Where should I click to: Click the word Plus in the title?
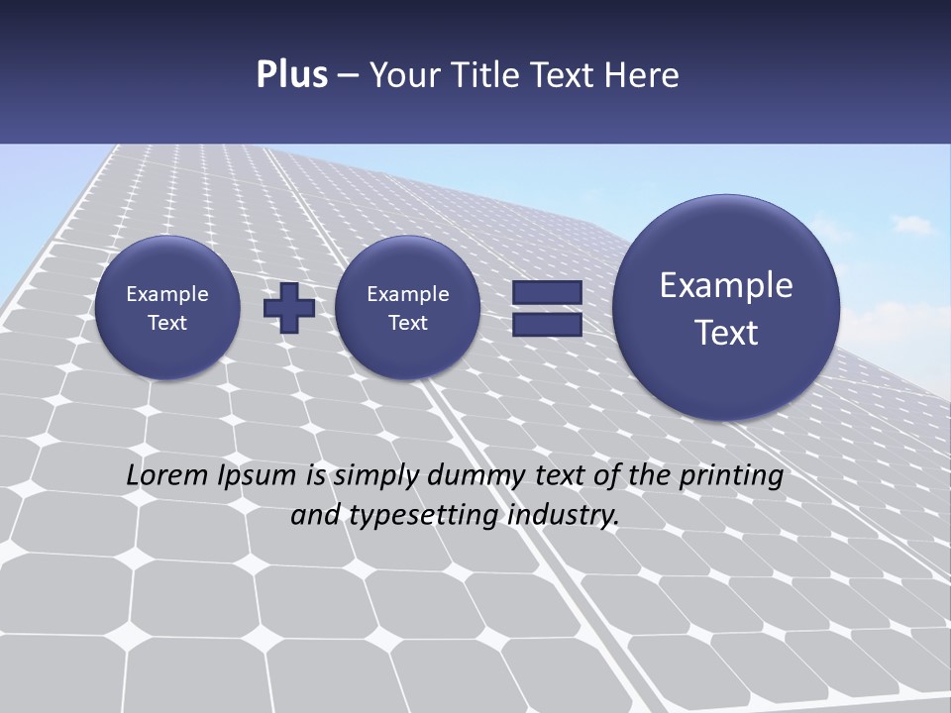[291, 75]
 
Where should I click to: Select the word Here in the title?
[643, 75]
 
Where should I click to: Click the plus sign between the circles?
[288, 308]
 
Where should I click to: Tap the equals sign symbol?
[546, 308]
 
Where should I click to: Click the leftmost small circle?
[167, 308]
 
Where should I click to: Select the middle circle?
[407, 308]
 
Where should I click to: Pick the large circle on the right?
[726, 308]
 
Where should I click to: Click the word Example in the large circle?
[726, 285]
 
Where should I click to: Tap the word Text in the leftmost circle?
[167, 323]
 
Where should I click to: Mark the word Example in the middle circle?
[407, 294]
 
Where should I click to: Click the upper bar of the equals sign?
[546, 293]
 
